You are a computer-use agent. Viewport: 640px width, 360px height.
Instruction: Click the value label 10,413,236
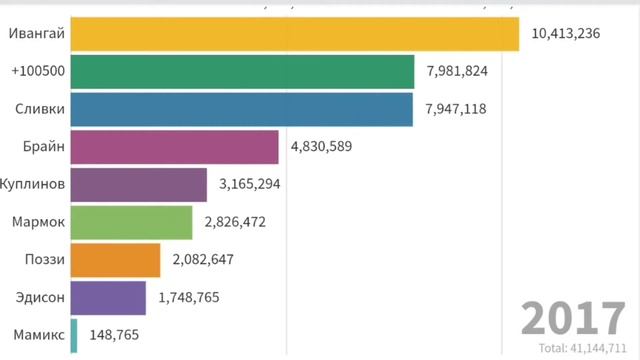click(566, 33)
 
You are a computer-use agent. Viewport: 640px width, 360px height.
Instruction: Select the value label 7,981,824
click(460, 71)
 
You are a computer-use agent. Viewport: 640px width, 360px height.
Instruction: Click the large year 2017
click(573, 319)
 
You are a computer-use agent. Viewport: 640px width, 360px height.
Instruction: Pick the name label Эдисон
click(42, 297)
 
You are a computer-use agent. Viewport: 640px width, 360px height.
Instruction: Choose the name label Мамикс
click(41, 335)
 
